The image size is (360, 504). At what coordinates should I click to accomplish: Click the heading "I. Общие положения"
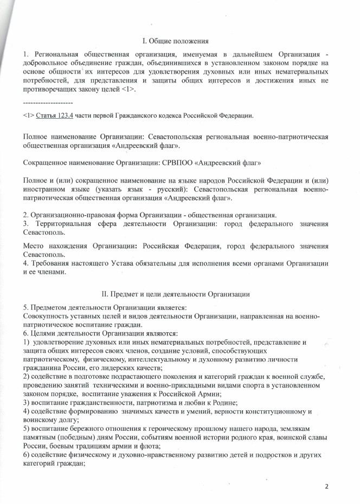click(x=179, y=41)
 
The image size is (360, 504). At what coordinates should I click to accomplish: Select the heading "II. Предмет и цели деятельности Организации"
click(x=179, y=294)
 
